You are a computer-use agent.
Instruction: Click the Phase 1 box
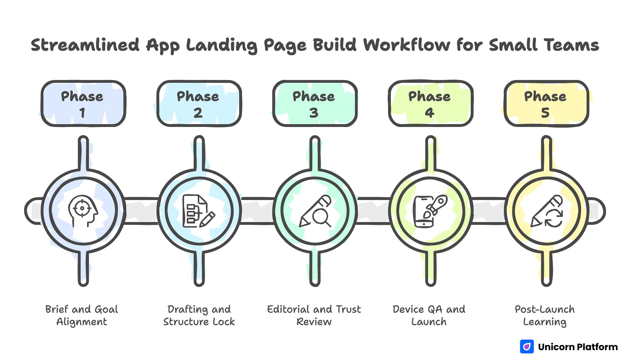83,104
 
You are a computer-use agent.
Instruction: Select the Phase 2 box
199,104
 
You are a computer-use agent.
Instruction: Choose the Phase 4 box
430,104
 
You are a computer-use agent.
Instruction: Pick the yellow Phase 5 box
546,104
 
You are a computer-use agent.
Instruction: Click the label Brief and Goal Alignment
82,315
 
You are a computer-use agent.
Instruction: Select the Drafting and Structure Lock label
199,315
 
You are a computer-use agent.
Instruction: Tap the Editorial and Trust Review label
314,315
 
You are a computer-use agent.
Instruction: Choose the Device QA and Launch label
429,315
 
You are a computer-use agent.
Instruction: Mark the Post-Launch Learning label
545,315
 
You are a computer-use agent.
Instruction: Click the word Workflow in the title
407,45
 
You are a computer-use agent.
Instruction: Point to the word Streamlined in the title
85,45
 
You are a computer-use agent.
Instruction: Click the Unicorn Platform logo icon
527,347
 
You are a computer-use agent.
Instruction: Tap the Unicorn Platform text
578,347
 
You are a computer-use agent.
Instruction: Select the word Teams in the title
572,45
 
